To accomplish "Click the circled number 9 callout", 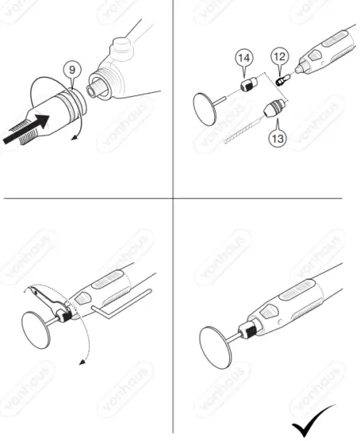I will tap(73, 71).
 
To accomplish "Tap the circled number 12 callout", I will tap(280, 57).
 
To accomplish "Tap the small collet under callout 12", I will tap(281, 80).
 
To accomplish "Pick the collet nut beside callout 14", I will tap(247, 83).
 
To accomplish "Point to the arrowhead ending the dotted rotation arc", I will tap(82, 362).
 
